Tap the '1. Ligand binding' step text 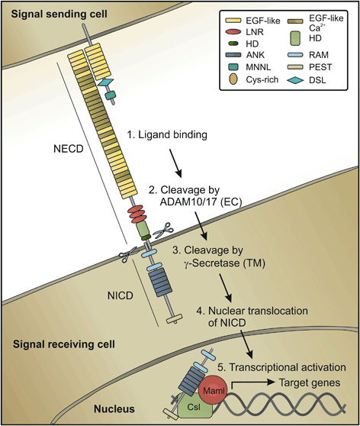(169, 135)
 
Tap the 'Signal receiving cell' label (58, 344)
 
